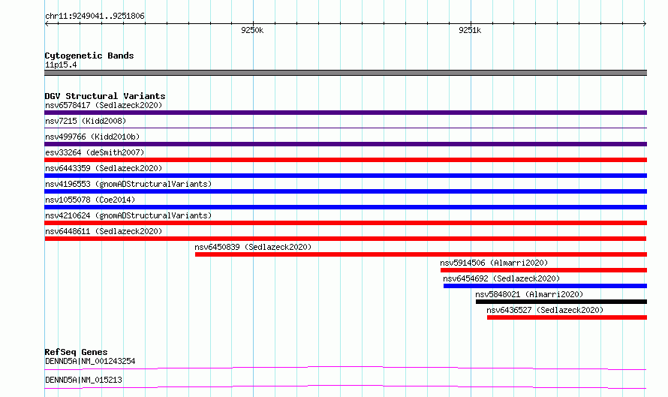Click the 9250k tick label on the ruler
(x=252, y=30)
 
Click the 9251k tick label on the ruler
(x=470, y=30)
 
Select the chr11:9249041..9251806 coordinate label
(x=95, y=17)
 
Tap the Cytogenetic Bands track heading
(x=89, y=56)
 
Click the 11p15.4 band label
(x=61, y=65)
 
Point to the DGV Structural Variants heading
(x=105, y=96)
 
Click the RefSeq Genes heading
(x=76, y=352)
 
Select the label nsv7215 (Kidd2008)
(x=86, y=121)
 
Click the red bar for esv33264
(x=345, y=160)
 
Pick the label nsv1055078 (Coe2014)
(x=90, y=200)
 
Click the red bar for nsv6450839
(x=421, y=254)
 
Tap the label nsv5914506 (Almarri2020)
(x=494, y=263)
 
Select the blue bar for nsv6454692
(x=545, y=286)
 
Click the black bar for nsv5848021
(x=561, y=302)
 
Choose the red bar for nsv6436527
(x=567, y=317)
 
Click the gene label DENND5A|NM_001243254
(x=90, y=361)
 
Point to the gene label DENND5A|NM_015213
(x=83, y=380)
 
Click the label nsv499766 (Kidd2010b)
(x=92, y=137)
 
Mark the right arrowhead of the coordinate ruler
(x=645, y=23)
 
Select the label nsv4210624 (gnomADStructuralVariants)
(x=128, y=215)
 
